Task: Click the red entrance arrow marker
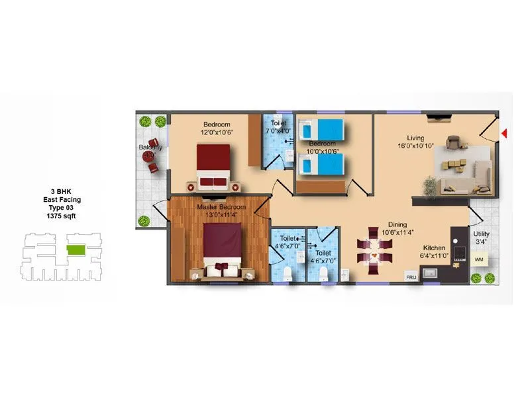point(504,134)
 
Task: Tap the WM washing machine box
point(479,259)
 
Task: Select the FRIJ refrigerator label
point(411,278)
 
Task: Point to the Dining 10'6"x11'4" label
point(397,228)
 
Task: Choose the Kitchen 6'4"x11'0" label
point(435,251)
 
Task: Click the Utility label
point(482,237)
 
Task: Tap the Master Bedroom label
point(221,210)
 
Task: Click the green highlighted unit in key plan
point(76,249)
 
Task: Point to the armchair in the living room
point(454,142)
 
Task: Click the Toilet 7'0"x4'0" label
point(277,127)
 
